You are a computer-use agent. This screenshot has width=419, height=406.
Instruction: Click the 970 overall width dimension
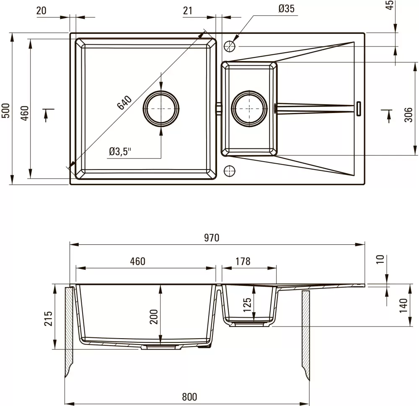click(x=212, y=238)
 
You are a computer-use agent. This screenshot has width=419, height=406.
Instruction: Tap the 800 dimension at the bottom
click(x=189, y=397)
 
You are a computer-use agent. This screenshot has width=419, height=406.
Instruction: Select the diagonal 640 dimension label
click(x=124, y=103)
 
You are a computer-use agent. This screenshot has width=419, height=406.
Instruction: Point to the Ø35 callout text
click(x=286, y=9)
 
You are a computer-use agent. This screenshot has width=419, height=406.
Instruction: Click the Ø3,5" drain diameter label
click(x=120, y=152)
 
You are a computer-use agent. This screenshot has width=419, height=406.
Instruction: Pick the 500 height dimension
click(x=5, y=110)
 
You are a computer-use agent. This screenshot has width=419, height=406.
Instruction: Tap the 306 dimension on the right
click(x=408, y=115)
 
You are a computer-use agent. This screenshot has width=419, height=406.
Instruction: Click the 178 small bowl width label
click(x=243, y=261)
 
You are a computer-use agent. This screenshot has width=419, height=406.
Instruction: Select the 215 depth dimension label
click(x=48, y=318)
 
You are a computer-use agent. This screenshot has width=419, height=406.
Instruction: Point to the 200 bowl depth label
click(x=154, y=316)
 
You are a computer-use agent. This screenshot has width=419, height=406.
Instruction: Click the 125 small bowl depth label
click(x=248, y=305)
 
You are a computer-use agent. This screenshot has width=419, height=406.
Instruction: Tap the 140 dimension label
click(x=403, y=306)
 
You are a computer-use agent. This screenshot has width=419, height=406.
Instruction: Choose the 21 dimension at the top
click(x=188, y=11)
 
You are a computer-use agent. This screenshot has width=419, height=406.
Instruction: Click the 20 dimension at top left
click(x=41, y=11)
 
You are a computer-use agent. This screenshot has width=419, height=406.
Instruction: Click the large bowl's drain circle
click(x=161, y=109)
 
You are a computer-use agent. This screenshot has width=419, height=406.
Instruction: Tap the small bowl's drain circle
click(x=249, y=109)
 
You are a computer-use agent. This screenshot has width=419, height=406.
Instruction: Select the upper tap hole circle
click(x=229, y=46)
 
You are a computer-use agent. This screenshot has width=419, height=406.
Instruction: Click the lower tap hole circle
click(x=229, y=171)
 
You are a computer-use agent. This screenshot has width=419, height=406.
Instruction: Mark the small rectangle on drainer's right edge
click(x=359, y=109)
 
